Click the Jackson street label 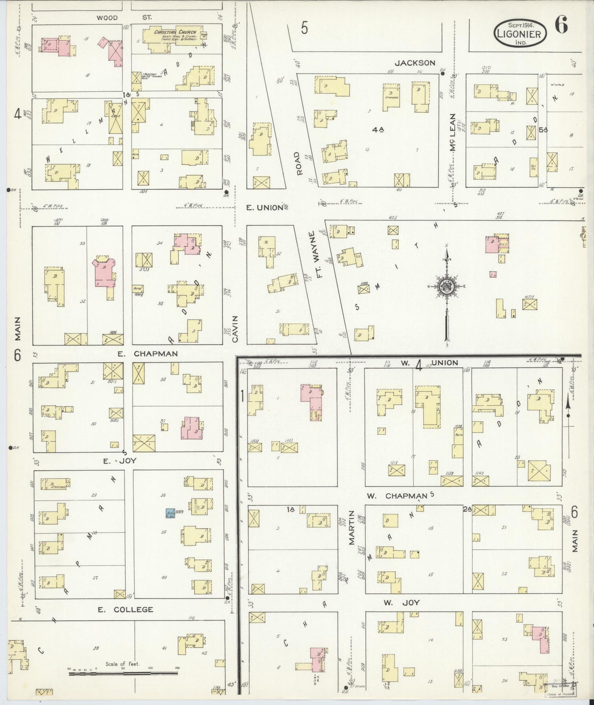tap(415, 63)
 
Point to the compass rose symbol tap(446, 287)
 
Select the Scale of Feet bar tap(123, 674)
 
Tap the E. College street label tap(125, 610)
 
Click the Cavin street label tap(235, 329)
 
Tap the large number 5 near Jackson tap(304, 28)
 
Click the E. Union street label tap(265, 208)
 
